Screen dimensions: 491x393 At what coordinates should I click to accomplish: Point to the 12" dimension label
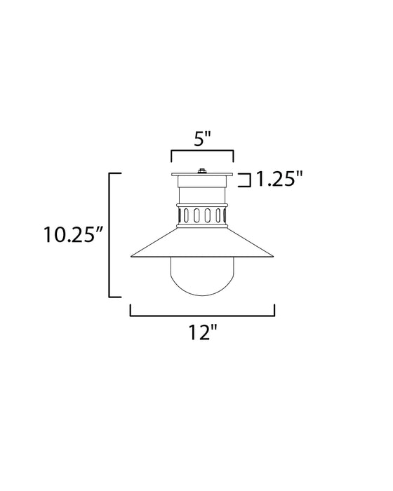[202, 334]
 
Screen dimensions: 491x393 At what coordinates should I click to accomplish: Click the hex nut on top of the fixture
[202, 170]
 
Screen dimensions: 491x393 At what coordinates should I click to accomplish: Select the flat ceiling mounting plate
[202, 175]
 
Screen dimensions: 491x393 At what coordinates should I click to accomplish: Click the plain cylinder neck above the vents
[202, 193]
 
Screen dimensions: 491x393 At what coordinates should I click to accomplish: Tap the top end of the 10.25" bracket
[116, 173]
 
